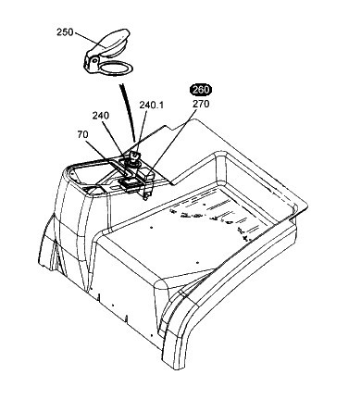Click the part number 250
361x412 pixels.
(x=65, y=32)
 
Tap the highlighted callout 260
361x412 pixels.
(x=201, y=90)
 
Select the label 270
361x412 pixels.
(x=201, y=104)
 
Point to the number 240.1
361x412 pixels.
(x=151, y=106)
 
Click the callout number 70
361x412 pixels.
(x=82, y=134)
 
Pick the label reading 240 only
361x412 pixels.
(x=101, y=116)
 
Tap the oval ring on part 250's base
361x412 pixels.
(x=116, y=68)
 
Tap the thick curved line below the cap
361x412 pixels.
(x=129, y=112)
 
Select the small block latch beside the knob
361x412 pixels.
(x=146, y=180)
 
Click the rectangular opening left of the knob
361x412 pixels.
(x=128, y=184)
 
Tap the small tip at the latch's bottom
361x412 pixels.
(x=145, y=197)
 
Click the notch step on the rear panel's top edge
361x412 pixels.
(x=168, y=126)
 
